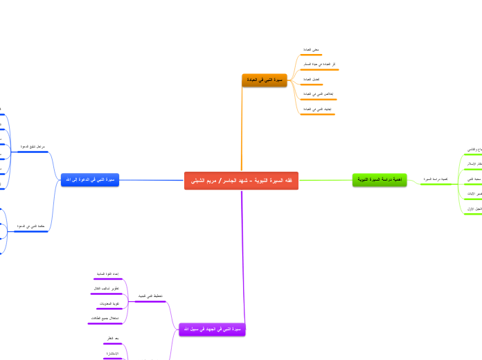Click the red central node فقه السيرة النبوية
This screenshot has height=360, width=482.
point(241,181)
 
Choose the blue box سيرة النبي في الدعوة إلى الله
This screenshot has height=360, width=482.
point(90,180)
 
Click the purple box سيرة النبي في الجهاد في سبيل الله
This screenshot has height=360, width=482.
point(213,330)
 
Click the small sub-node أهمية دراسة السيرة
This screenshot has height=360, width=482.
point(436,179)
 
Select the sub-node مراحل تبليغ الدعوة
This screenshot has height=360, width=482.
point(33,147)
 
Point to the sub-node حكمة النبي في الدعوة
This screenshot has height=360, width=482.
point(30,226)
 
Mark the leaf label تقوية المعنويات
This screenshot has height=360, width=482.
point(107,303)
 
